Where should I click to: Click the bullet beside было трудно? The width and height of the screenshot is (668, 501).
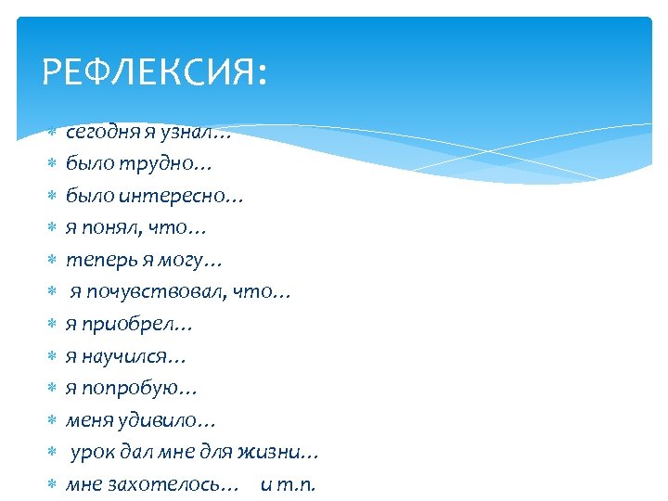[53, 165]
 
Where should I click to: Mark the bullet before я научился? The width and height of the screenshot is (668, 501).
[53, 357]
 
